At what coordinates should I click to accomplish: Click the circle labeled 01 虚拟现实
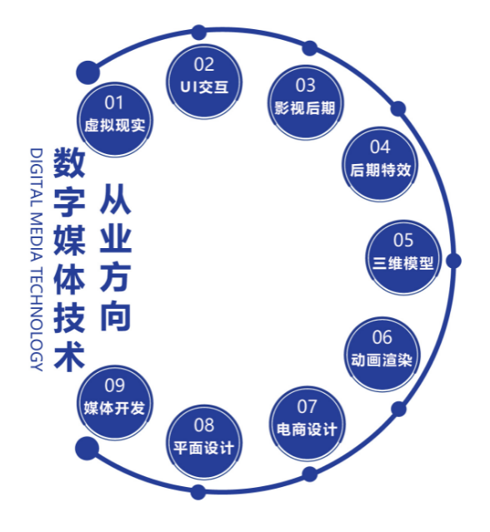[115, 119]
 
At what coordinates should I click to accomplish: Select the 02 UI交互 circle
[203, 82]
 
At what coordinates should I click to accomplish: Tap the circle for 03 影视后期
[306, 102]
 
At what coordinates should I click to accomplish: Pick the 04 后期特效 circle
[380, 164]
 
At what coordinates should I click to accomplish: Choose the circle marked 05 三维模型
[403, 257]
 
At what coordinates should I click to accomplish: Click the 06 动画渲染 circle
[382, 354]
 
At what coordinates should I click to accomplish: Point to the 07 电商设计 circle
[307, 424]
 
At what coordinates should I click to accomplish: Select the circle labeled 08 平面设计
[203, 442]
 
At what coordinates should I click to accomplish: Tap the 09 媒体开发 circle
[115, 403]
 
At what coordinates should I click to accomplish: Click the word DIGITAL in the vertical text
[37, 178]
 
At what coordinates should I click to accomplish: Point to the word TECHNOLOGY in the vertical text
[37, 319]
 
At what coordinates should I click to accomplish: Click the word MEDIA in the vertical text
[37, 237]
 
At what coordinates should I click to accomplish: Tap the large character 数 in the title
[69, 162]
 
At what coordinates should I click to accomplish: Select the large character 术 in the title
[69, 355]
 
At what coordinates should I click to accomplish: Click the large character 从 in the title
[116, 199]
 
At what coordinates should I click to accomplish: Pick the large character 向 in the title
[116, 316]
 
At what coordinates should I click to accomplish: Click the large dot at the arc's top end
[87, 72]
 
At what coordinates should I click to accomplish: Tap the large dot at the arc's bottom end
[87, 448]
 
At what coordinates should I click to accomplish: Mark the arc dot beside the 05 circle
[453, 261]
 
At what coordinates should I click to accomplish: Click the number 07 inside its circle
[307, 406]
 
